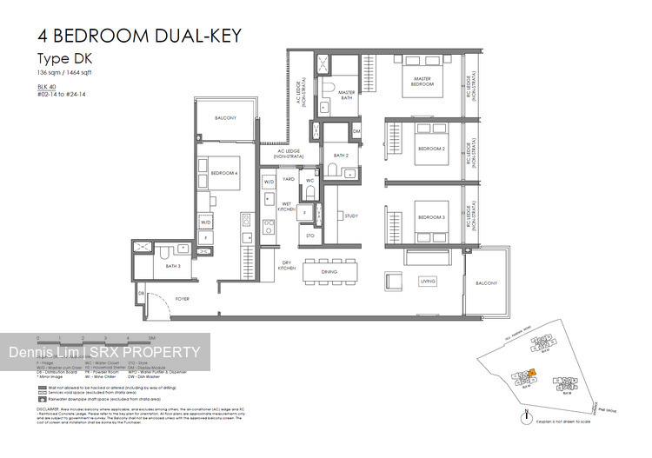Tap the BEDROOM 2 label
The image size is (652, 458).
(x=431, y=149)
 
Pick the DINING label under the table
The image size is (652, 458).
(x=329, y=272)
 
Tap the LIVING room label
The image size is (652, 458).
(x=428, y=282)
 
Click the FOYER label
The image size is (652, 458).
(x=181, y=299)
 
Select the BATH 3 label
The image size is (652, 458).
(x=173, y=266)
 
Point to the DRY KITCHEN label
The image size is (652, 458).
(x=288, y=265)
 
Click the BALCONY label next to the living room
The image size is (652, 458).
(x=486, y=283)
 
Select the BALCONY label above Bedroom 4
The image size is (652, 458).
(x=225, y=117)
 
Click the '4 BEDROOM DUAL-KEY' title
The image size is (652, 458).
(x=139, y=36)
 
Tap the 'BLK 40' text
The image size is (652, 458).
(x=47, y=88)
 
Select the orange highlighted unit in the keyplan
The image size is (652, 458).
(x=556, y=373)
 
